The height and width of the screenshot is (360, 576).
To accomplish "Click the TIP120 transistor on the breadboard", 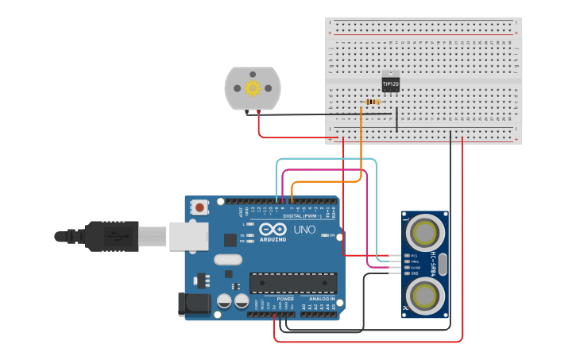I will [x=390, y=82].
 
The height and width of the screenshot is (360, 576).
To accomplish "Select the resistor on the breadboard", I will [x=372, y=102].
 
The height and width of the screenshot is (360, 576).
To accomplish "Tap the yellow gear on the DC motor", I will [x=253, y=87].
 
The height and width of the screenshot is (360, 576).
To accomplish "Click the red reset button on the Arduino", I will [x=199, y=207].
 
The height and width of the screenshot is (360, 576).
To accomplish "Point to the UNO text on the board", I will [x=304, y=230].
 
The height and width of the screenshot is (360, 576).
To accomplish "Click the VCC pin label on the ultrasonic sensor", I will [x=414, y=256].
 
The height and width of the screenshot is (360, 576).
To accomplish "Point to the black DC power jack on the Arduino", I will [x=194, y=304].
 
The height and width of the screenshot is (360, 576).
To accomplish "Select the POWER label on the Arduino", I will [x=285, y=299].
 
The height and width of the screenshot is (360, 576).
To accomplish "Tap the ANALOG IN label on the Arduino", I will [x=321, y=299].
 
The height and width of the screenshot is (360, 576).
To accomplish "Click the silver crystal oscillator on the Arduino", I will [x=227, y=259].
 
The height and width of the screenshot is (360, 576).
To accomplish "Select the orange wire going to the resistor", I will [x=361, y=151].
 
